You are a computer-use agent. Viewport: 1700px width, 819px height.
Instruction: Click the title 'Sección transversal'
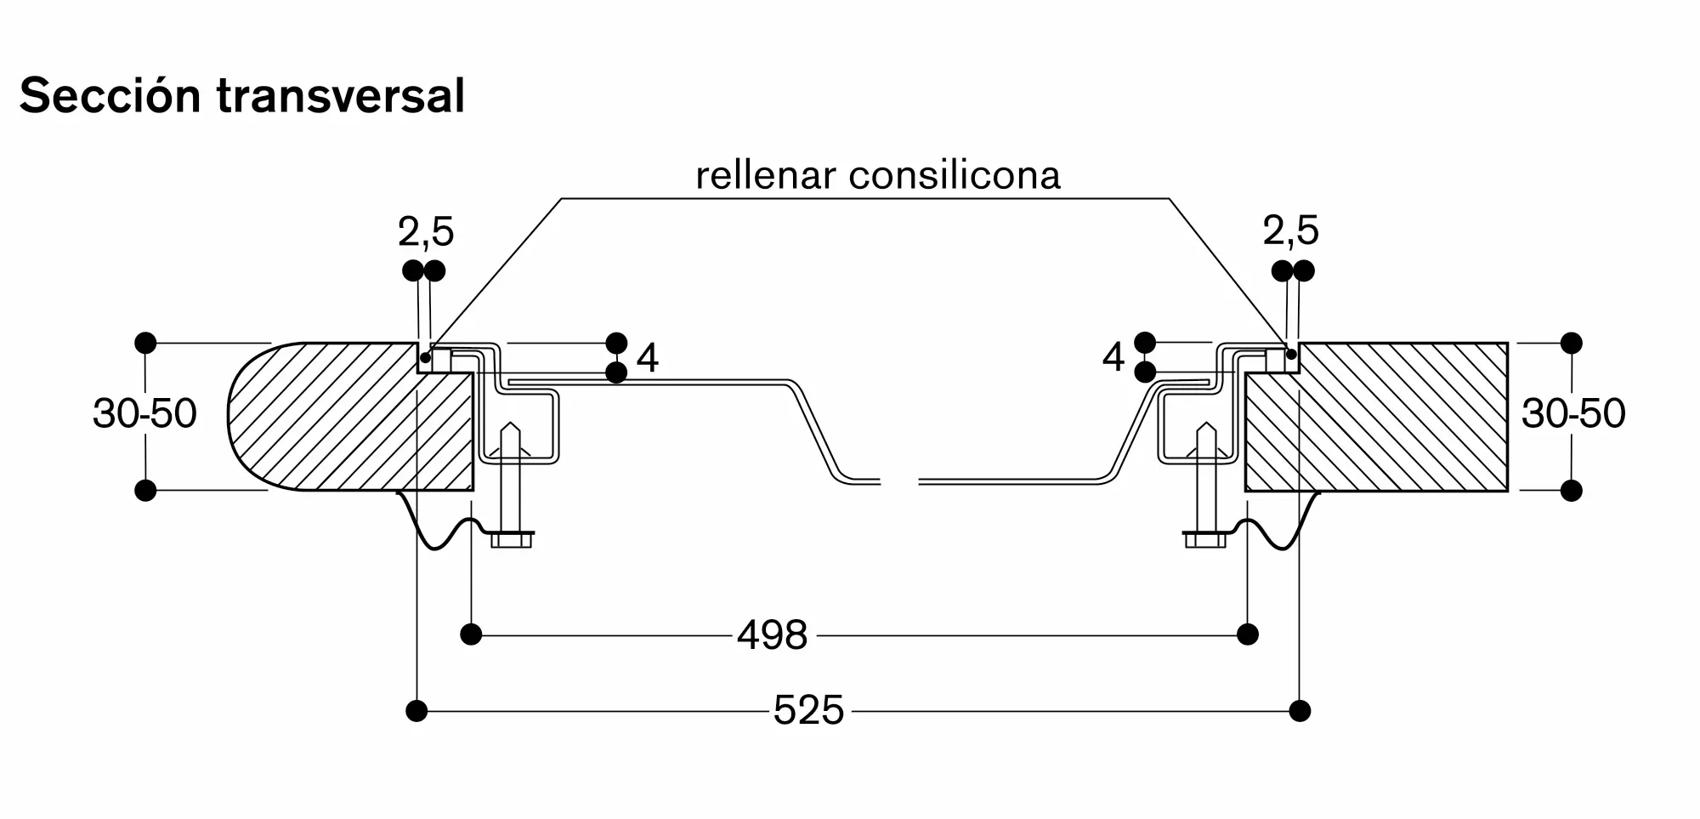coord(242,95)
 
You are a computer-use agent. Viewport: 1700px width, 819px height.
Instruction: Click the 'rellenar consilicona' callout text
coord(878,175)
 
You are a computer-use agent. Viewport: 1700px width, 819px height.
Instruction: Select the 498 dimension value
coord(773,635)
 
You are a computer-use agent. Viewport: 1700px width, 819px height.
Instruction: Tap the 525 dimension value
coord(808,710)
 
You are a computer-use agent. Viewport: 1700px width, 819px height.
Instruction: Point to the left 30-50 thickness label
coord(144,413)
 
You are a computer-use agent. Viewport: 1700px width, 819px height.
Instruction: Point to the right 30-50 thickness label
coord(1573,413)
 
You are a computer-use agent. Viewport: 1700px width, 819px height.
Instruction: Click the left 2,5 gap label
coord(426,231)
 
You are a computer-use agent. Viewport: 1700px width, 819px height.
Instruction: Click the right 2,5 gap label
coord(1291,230)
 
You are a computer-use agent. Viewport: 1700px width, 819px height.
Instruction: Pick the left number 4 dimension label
coord(648,358)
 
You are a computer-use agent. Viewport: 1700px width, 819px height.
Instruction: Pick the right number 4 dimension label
coord(1113,357)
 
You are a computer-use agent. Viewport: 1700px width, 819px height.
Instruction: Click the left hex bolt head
coord(512,539)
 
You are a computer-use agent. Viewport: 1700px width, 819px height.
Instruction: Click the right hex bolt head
coord(1205,539)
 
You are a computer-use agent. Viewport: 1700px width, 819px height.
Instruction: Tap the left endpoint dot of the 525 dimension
coord(416,711)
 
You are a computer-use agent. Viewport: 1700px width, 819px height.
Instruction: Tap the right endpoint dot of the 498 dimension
coord(1248,634)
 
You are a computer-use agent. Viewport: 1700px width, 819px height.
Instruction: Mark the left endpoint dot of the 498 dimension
coord(471,634)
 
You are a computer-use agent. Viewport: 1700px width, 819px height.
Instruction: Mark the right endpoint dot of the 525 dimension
coord(1300,711)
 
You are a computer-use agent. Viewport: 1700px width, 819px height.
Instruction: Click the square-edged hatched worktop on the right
coord(1377,417)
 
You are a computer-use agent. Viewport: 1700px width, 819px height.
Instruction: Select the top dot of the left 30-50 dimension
coord(145,343)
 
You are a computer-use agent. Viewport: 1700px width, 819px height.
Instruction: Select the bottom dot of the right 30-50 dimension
coord(1572,490)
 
